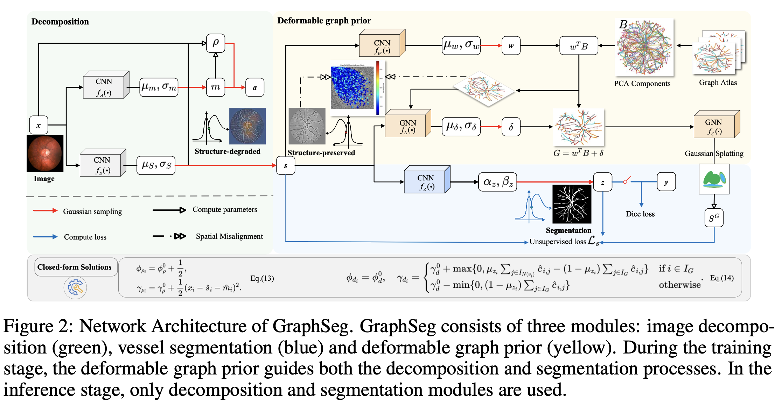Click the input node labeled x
pos(39,125)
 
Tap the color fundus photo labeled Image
pos(45,153)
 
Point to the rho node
pos(216,43)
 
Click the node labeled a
pos(255,87)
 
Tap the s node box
pos(286,165)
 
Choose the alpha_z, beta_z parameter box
pos(497,182)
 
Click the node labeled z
pos(602,182)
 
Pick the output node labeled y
pos(666,182)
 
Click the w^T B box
pos(579,46)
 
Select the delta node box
pos(511,127)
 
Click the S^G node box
pos(714,218)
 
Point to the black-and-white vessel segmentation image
pos(572,204)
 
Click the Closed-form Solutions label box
pos(75,267)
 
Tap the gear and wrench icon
pos(75,287)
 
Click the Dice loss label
pos(640,214)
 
